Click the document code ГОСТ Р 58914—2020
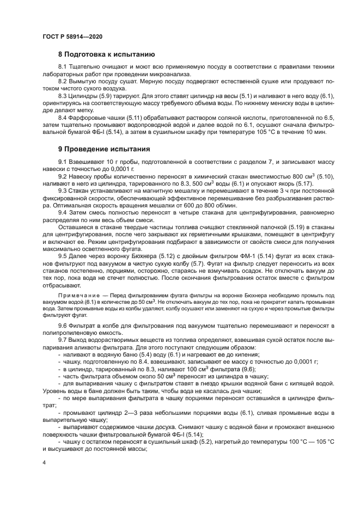(72, 36)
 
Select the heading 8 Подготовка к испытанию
(107, 54)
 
